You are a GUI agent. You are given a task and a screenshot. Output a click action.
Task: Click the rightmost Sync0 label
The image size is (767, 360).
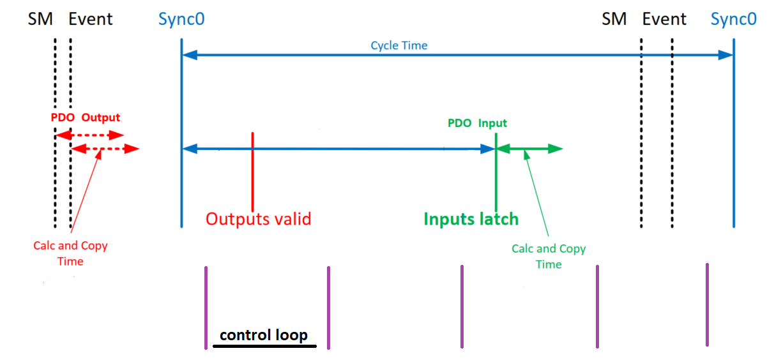(x=734, y=19)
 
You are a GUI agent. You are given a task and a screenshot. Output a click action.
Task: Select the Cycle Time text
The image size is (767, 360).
(x=399, y=45)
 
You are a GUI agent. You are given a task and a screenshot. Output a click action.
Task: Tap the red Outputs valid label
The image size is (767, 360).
(x=258, y=219)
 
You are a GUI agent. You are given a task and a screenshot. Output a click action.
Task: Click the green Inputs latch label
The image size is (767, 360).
(x=471, y=219)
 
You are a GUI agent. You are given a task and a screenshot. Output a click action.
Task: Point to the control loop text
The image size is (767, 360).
(x=264, y=334)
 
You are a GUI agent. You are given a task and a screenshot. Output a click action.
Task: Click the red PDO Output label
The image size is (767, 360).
(x=86, y=118)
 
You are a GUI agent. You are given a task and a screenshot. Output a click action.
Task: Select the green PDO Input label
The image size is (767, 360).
(x=477, y=123)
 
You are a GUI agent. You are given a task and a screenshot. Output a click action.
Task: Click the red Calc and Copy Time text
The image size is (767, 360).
(x=70, y=253)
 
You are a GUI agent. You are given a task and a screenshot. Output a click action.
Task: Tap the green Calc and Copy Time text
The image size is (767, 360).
(x=549, y=257)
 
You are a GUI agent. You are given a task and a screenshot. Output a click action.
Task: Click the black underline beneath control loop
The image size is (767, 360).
(x=264, y=347)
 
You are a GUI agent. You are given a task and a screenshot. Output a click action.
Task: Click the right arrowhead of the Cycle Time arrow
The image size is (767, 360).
(x=725, y=56)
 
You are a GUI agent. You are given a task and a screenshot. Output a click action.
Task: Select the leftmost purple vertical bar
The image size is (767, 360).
(x=206, y=308)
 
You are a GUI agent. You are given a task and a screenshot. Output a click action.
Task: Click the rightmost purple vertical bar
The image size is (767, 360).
(x=707, y=305)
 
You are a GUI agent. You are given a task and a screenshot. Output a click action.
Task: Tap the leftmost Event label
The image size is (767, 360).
(x=91, y=19)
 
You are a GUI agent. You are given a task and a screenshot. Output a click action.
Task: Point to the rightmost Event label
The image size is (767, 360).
(x=664, y=19)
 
